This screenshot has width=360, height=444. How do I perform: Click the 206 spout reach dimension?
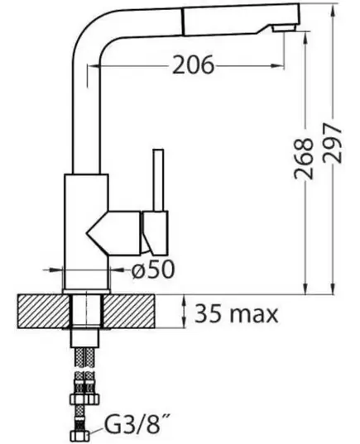(193, 65)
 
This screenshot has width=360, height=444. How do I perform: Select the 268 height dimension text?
(304, 159)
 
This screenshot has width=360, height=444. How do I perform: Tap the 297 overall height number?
(332, 143)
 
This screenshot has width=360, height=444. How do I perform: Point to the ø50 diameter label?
(152, 270)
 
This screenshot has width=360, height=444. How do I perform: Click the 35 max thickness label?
(236, 313)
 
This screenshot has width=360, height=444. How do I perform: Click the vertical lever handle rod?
(158, 180)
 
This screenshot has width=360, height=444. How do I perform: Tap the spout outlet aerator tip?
(284, 28)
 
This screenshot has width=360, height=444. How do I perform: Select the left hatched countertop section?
(44, 312)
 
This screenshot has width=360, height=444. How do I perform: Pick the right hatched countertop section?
(129, 312)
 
